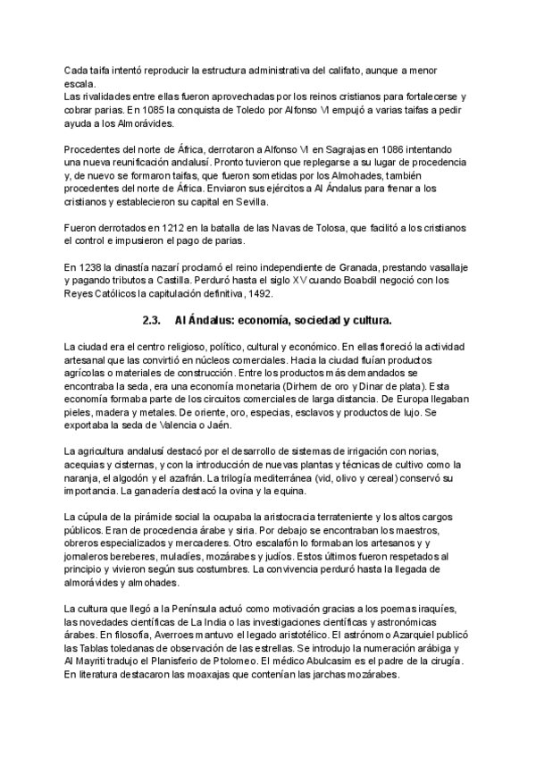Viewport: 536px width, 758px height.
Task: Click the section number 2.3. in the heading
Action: point(154,320)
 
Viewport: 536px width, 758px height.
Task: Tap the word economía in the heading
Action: point(264,320)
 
